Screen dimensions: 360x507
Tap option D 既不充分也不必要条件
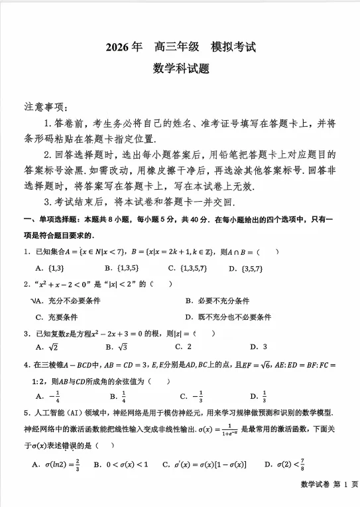(229, 317)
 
